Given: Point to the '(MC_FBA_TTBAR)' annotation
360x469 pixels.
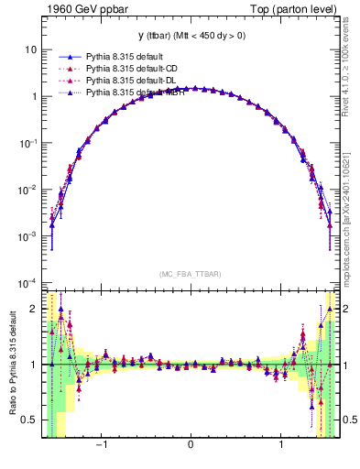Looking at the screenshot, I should [x=191, y=274].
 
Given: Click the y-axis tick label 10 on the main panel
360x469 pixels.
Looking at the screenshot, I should [x=32, y=49].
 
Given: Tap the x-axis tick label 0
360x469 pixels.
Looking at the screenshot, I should [x=191, y=447].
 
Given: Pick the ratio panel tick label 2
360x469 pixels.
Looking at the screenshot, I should [x=35, y=310].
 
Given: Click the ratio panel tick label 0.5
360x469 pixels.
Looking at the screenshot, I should [x=30, y=420].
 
